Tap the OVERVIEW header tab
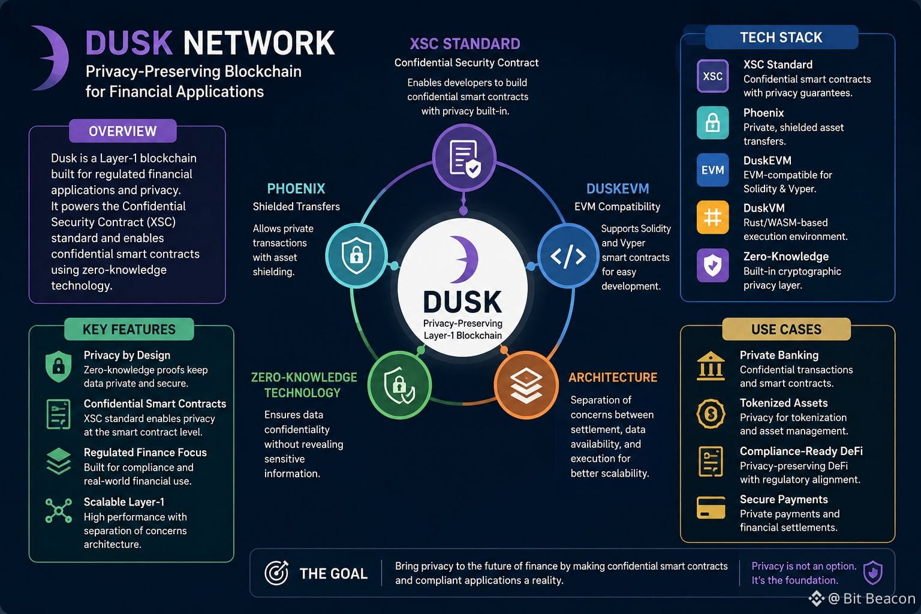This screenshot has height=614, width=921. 123,131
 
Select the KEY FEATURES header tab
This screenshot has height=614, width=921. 129,329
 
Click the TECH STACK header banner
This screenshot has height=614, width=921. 781,37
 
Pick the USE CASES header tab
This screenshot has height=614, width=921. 786,329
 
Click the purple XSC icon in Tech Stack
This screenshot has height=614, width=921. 712,76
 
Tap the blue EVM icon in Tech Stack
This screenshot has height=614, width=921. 712,170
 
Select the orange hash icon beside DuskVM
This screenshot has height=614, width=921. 712,217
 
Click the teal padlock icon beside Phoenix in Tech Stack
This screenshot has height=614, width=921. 712,123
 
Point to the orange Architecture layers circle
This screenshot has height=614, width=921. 526,385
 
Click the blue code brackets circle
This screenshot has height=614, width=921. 568,256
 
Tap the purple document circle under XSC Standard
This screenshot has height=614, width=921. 464,158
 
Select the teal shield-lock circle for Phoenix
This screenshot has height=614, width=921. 357,255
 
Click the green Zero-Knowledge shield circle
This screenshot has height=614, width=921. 400,385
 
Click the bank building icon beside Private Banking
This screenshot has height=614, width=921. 711,366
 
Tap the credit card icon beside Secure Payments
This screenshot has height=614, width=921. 711,507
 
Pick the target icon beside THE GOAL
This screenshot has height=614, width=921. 276,573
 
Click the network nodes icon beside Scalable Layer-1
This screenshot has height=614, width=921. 58,510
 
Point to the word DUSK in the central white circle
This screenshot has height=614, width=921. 462,302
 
